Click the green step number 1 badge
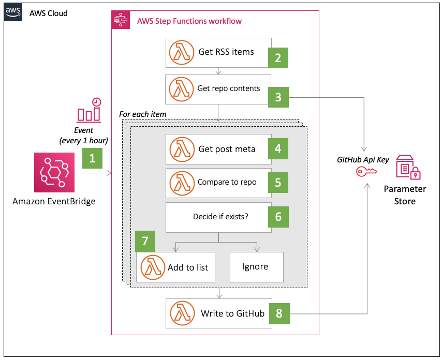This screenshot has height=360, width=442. point(92,158)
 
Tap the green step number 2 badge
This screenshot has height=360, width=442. point(278,58)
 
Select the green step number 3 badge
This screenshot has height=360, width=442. point(278,97)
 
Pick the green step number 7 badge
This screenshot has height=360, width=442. point(145,241)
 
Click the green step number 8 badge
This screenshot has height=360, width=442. point(279,313)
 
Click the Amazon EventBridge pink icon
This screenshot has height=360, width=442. point(54,172)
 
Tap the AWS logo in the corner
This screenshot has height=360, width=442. point(13,12)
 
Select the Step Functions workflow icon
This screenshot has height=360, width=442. point(121,20)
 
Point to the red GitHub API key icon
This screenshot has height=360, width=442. point(366,171)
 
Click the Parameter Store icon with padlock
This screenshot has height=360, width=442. point(408,167)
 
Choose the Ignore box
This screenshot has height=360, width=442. point(257,267)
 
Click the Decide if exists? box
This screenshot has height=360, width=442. point(218,217)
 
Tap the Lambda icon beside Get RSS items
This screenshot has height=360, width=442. point(182,52)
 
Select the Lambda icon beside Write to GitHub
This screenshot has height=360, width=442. point(182,313)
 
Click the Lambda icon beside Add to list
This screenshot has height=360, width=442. point(153,267)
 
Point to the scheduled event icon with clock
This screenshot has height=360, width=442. point(89,110)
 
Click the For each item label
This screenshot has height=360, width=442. point(143,114)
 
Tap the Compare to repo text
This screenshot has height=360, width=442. point(227,182)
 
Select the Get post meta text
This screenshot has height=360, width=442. point(227,149)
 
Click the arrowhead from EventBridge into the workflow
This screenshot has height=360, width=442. point(109,173)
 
